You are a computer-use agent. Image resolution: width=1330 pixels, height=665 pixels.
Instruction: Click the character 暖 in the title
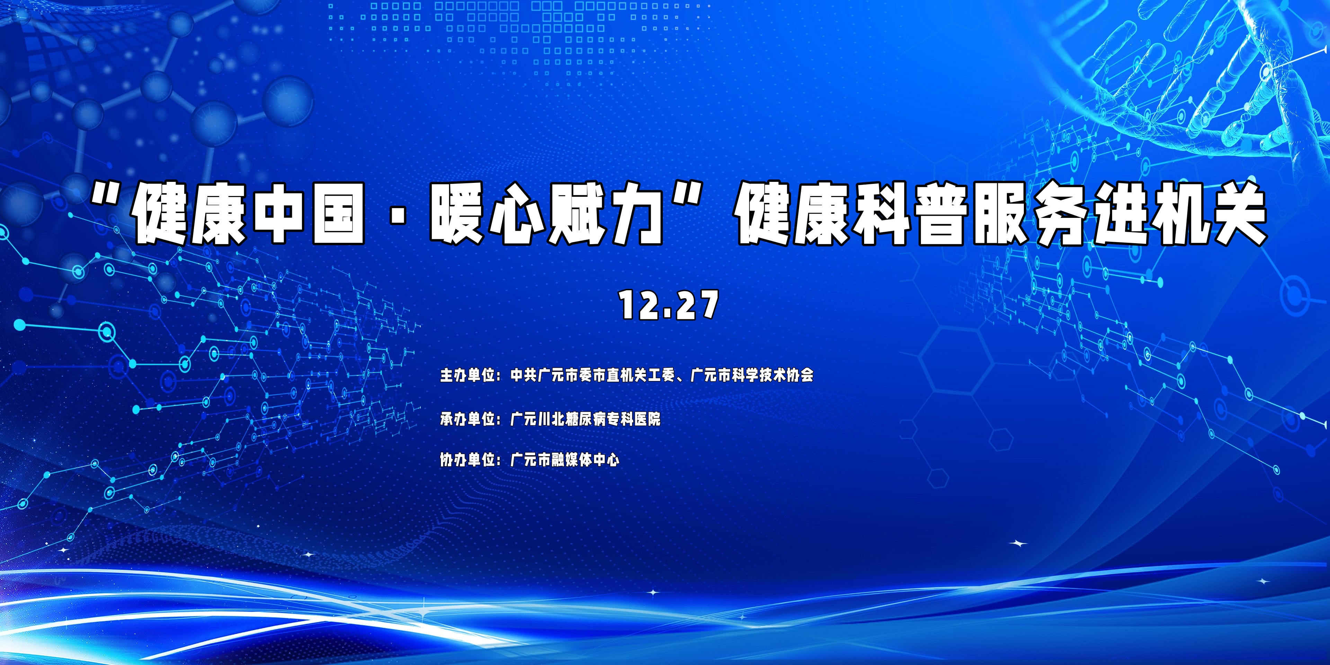tap(458, 214)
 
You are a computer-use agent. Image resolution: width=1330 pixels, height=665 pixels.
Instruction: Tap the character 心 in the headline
tap(517, 214)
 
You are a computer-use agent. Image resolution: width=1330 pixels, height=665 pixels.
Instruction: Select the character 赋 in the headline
tap(577, 214)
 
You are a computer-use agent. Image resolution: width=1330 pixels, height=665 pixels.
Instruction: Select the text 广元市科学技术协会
tap(752, 374)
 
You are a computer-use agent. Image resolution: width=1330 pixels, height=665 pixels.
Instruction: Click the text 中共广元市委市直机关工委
tap(593, 374)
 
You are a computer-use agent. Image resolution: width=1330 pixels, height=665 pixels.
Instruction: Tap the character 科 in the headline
tap(881, 214)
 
